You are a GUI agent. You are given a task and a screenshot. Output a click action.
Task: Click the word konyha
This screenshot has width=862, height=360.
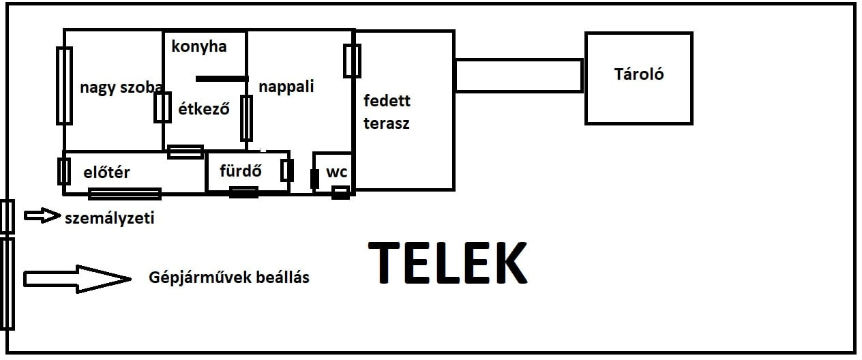coord(199,47)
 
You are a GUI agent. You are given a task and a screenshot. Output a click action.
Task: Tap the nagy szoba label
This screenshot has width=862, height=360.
coord(121,88)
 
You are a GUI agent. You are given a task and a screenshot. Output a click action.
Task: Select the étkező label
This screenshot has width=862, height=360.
coord(204,109)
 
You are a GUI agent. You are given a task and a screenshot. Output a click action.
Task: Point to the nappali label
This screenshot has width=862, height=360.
coord(286,87)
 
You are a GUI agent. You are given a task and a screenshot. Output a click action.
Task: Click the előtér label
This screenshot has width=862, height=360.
coord(106,172)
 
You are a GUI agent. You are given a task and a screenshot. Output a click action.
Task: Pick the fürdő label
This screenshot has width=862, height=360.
coord(241,170)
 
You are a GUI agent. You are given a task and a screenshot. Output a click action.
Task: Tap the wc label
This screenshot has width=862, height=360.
coord(337,172)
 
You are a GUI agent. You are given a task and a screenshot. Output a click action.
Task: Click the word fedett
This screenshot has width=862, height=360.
coord(387,101)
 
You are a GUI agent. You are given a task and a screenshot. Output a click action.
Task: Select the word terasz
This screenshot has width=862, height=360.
coord(387,124)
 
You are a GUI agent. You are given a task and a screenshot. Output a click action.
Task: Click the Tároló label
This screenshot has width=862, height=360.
coord(639,74)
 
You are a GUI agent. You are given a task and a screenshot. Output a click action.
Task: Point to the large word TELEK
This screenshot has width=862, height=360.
coord(448,262)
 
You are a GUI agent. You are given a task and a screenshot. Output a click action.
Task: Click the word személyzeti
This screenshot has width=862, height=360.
coord(110,218)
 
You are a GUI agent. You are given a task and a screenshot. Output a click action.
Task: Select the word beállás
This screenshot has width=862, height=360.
coord(282,277)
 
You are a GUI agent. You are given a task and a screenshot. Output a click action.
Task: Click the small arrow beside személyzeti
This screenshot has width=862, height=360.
coord(42,215)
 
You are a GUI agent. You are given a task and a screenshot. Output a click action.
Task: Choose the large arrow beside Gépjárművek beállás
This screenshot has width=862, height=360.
coord(77,279)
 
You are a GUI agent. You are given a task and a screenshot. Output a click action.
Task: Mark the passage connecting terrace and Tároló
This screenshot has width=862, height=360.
coord(519,76)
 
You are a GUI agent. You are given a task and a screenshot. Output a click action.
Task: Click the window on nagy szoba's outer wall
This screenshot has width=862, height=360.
coord(64,86)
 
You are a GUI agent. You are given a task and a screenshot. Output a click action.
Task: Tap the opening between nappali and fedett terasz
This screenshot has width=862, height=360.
coord(352,61)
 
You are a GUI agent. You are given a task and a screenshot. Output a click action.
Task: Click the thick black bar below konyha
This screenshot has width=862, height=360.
coord(222,79)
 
